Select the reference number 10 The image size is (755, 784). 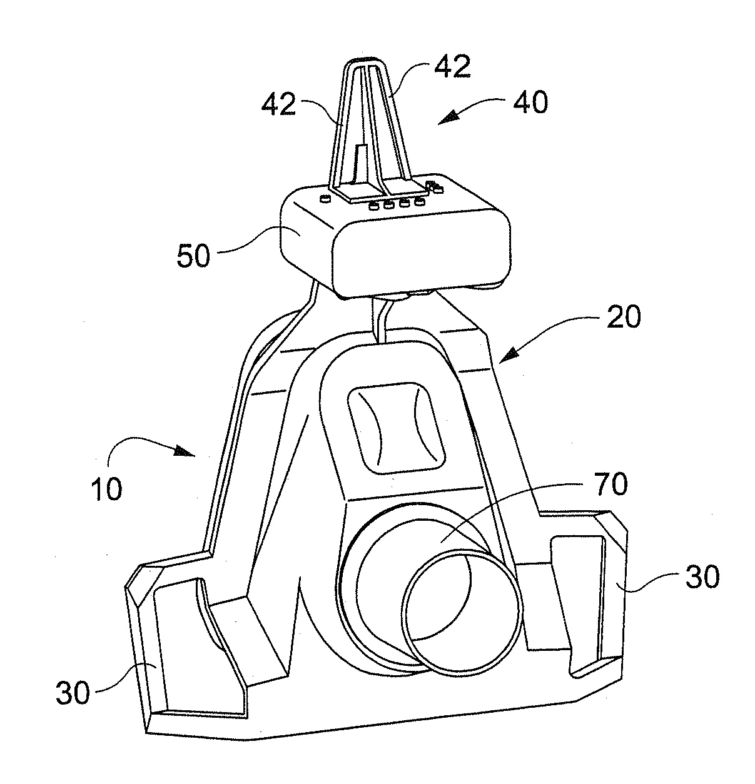[106, 489]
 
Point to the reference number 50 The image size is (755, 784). [193, 256]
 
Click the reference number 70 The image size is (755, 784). [611, 483]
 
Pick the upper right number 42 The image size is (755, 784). [452, 66]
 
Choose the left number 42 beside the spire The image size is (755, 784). [278, 104]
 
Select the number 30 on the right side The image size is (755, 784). [702, 576]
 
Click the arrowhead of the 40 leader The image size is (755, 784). [448, 118]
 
